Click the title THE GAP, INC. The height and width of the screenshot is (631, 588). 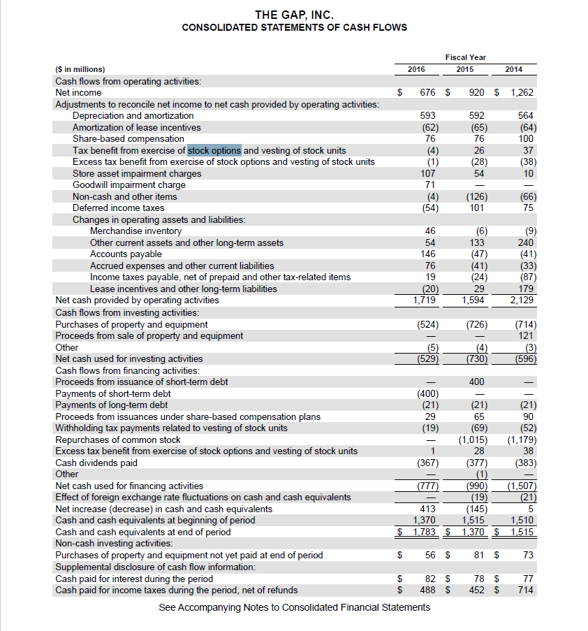[x=294, y=14]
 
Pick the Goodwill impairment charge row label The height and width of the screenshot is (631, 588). [x=129, y=184]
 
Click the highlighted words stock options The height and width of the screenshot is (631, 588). [x=214, y=150]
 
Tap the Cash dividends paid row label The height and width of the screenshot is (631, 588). [x=96, y=462]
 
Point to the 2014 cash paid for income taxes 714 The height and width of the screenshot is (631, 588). [x=526, y=590]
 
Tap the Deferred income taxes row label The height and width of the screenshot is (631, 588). [x=119, y=208]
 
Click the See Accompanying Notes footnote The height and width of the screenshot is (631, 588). [x=294, y=607]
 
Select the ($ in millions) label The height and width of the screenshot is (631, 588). [x=80, y=69]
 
